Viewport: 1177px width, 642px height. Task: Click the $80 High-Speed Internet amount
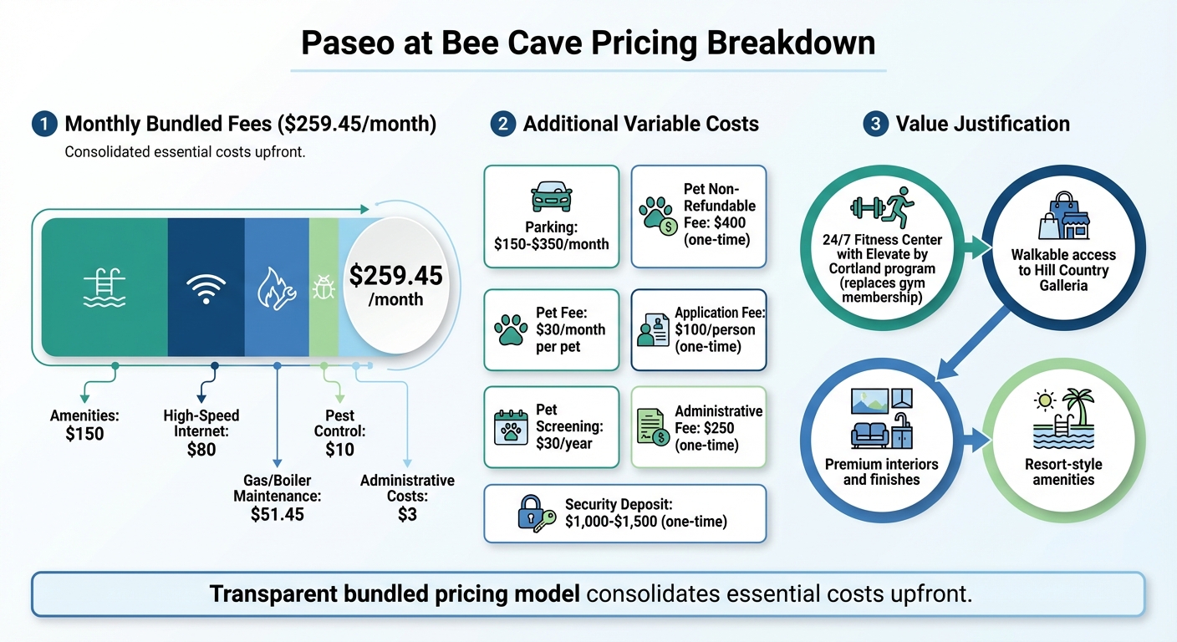pyautogui.click(x=201, y=450)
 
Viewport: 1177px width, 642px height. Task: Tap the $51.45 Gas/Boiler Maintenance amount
pyautogui.click(x=277, y=514)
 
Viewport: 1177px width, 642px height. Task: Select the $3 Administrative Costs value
pyautogui.click(x=407, y=514)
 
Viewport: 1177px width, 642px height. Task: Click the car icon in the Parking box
pyautogui.click(x=551, y=197)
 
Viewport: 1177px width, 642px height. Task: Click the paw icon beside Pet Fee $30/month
pyautogui.click(x=512, y=329)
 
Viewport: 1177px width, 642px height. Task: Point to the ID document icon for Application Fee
pyautogui.click(x=652, y=329)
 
